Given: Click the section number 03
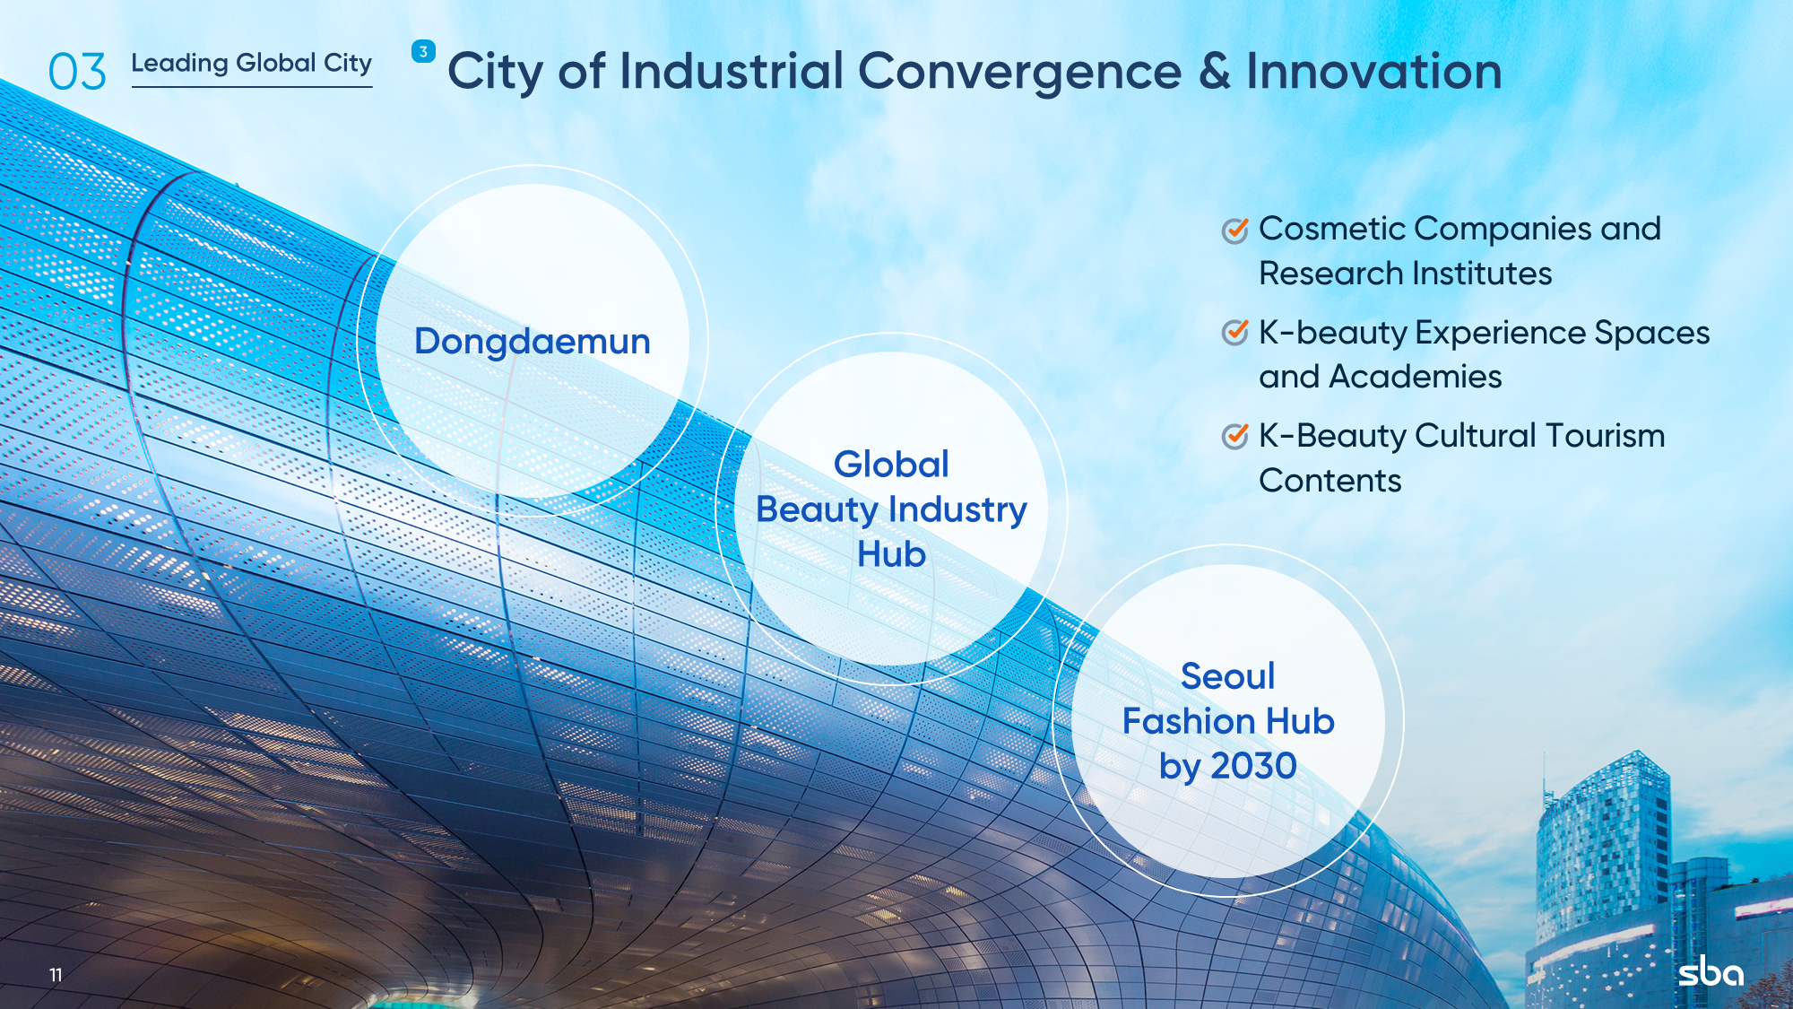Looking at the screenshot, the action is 77,72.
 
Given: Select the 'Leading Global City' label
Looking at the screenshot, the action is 252,64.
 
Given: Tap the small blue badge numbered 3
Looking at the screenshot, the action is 423,51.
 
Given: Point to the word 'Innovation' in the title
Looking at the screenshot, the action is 1374,71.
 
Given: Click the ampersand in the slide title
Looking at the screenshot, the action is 1215,72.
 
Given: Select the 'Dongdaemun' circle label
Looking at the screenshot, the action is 533,343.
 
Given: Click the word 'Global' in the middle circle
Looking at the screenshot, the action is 891,465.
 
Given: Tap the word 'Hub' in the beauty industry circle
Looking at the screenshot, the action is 891,554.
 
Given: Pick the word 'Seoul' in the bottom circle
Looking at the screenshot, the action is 1227,676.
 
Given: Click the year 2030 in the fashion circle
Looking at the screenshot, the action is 1254,766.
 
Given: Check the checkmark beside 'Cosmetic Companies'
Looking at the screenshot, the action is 1235,231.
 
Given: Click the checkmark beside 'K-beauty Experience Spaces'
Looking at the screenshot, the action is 1235,333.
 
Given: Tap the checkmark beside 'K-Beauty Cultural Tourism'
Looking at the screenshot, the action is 1235,436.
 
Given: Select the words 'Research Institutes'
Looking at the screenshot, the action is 1405,274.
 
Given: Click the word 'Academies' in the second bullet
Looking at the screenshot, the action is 1416,377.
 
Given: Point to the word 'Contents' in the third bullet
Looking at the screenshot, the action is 1330,481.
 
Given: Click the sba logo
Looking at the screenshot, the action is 1711,971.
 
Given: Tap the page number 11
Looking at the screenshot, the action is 56,975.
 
